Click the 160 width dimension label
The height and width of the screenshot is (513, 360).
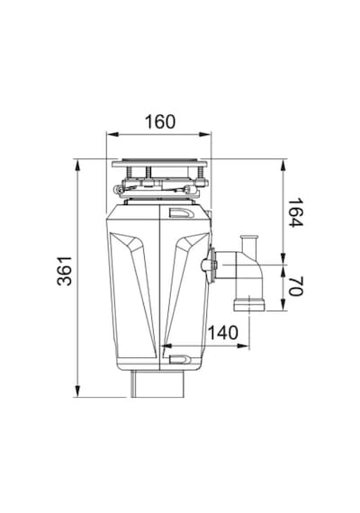[x=160, y=121]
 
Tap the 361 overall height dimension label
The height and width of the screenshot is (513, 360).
[x=65, y=271]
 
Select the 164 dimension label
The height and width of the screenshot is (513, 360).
[x=295, y=212]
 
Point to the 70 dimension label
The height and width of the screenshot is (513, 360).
[x=295, y=286]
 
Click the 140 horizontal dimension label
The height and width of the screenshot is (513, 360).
[x=223, y=332]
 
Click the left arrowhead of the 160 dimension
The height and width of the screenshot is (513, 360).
[x=112, y=134]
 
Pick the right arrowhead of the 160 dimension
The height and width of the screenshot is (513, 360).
[x=205, y=134]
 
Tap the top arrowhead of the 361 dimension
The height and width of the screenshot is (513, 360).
[x=77, y=166]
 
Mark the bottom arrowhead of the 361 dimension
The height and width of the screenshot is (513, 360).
[x=77, y=391]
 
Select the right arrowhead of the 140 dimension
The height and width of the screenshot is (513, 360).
[x=243, y=346]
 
